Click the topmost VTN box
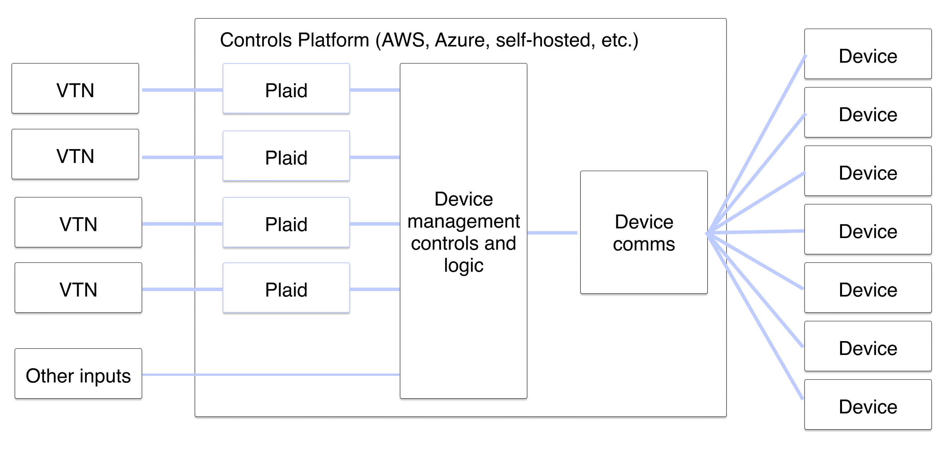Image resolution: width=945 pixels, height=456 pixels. tap(75, 89)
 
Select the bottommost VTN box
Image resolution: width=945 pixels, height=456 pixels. tap(78, 288)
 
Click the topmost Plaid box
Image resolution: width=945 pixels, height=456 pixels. tap(286, 89)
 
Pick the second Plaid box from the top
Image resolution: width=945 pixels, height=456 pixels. tap(286, 156)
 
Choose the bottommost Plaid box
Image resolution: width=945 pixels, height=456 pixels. tap(286, 288)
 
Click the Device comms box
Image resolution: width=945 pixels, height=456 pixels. tap(644, 232)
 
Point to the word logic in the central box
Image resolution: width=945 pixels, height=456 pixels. tap(463, 266)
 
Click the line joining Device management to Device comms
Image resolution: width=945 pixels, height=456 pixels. tap(552, 233)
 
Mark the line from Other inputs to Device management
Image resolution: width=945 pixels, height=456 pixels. tap(271, 374)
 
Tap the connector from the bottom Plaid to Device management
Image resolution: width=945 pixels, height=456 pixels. tap(374, 289)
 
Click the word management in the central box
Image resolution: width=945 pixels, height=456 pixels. tap(463, 222)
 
